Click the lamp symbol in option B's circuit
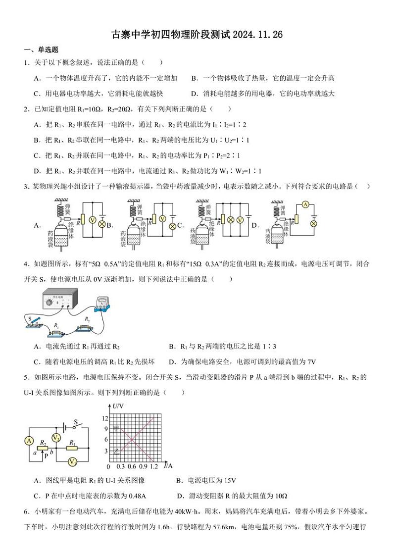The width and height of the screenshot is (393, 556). coord(173,226)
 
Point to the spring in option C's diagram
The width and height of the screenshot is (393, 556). coord(203,210)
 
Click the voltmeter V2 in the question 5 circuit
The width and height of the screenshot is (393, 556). coord(56,438)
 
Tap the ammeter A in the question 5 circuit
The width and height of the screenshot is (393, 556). coord(29,441)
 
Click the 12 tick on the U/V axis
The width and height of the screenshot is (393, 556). coord(104,418)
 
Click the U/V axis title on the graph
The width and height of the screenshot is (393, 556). coord(118,406)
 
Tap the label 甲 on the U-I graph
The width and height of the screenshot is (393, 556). coord(117,427)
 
